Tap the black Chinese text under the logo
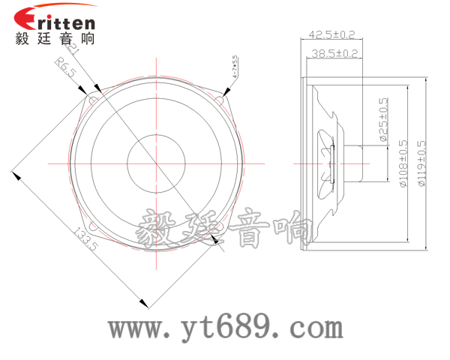55,40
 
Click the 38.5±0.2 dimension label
334,53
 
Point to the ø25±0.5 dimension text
383,120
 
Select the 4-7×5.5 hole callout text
235,67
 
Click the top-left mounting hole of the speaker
94,97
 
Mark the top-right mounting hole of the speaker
222,95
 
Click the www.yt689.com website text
225,327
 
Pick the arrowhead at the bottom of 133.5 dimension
142,303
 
